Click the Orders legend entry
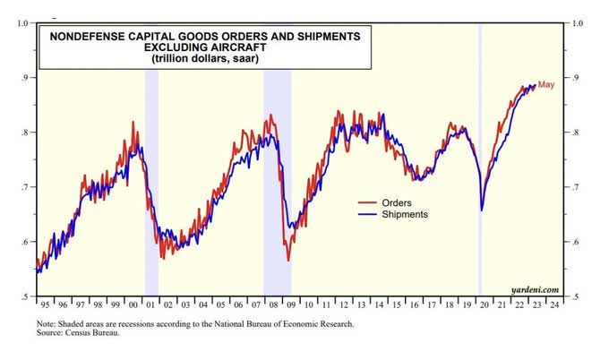(x=397, y=201)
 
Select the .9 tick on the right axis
(x=569, y=78)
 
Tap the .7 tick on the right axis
(x=569, y=187)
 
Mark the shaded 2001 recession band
(x=151, y=179)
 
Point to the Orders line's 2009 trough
(x=288, y=260)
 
